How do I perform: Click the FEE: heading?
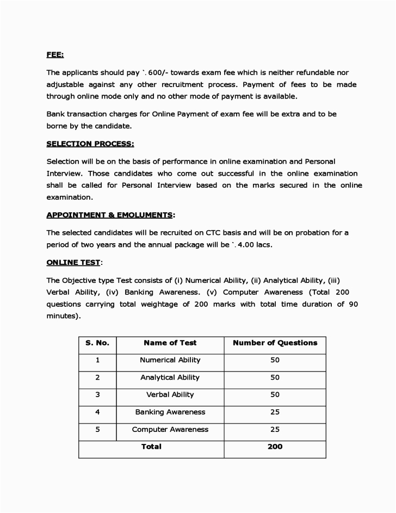click(x=55, y=55)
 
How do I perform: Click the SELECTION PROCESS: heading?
click(x=90, y=144)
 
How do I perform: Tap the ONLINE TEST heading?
click(x=73, y=262)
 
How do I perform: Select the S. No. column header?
click(x=97, y=343)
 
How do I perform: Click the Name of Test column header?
click(x=170, y=343)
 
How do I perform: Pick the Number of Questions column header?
click(x=275, y=343)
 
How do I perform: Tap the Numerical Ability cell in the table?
click(x=170, y=360)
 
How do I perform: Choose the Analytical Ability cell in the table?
click(x=170, y=378)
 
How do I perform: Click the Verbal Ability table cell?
click(x=170, y=394)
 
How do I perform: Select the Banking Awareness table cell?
click(x=170, y=412)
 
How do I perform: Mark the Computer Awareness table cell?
click(x=170, y=429)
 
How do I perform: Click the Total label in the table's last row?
click(x=151, y=447)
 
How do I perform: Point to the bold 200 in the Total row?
click(x=275, y=447)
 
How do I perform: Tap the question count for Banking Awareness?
click(x=275, y=412)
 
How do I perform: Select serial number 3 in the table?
click(x=97, y=394)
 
